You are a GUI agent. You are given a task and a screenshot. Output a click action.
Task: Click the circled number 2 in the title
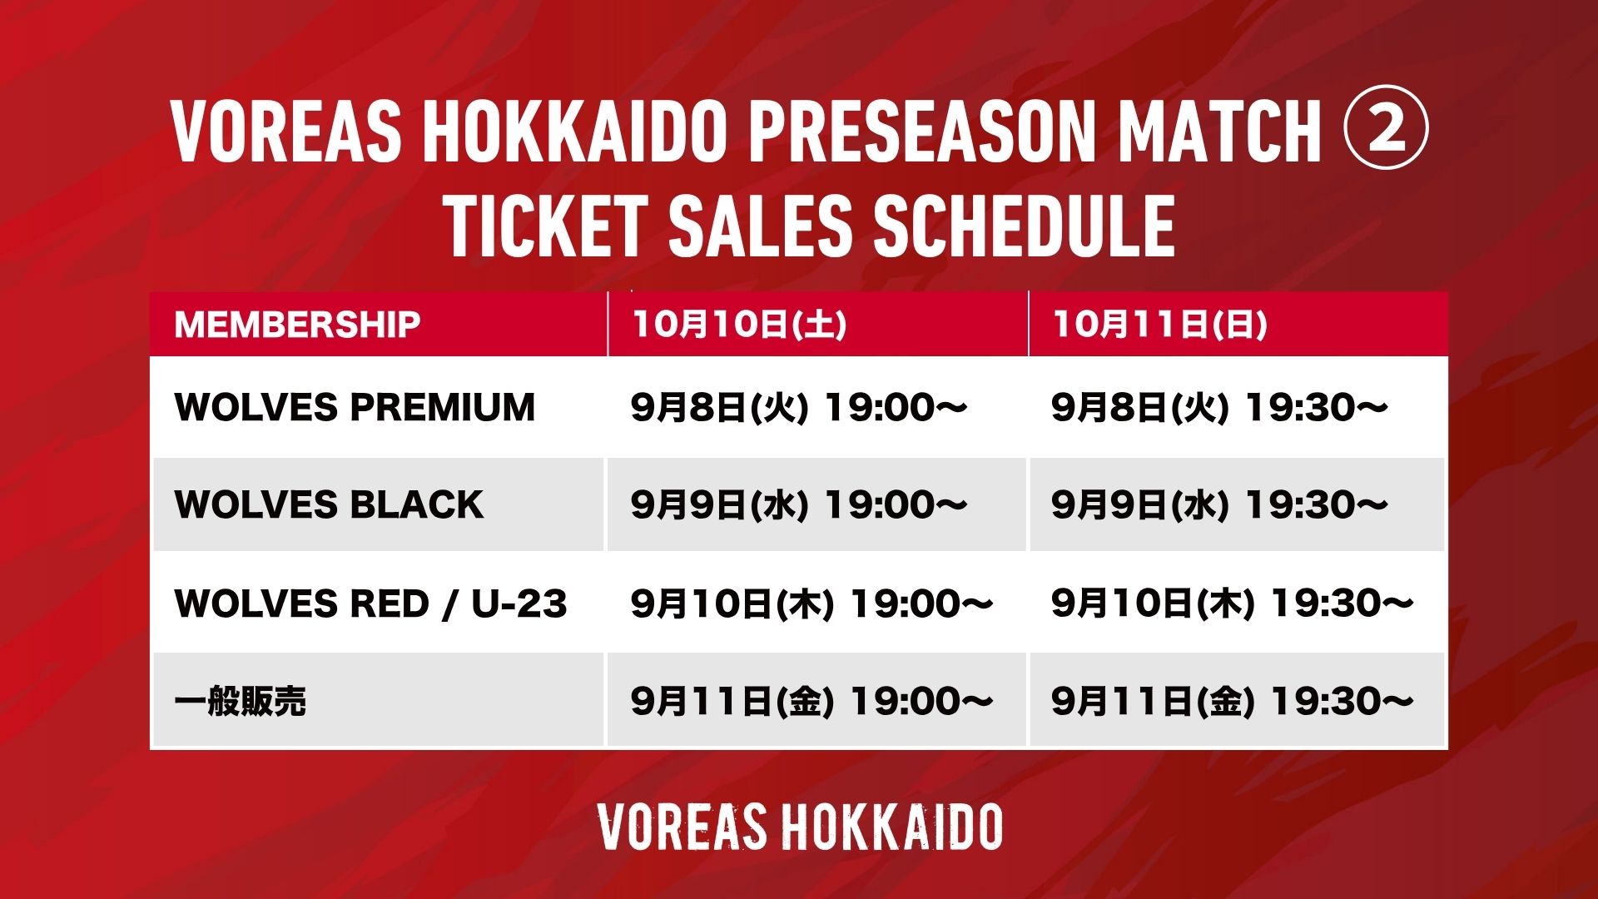(1386, 130)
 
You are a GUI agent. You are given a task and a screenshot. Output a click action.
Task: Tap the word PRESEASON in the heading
(921, 131)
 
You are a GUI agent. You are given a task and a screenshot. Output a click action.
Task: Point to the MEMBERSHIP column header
(297, 324)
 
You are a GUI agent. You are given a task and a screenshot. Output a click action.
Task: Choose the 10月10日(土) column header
(739, 324)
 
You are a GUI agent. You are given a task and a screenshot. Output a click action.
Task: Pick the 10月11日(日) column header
(1160, 324)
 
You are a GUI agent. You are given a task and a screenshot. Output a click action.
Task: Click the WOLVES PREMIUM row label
(355, 407)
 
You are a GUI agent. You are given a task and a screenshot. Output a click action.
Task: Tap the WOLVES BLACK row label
(329, 504)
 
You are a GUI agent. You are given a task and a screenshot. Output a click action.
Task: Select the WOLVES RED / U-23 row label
(370, 603)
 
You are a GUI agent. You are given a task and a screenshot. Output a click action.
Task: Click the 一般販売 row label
(241, 701)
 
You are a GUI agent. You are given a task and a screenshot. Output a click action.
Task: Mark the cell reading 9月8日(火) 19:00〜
(799, 407)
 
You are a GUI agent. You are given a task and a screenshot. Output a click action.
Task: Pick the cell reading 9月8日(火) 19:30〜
(1219, 407)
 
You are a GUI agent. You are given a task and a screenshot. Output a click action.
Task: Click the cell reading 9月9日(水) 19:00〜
(799, 504)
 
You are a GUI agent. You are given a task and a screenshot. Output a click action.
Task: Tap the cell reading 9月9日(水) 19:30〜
(1219, 504)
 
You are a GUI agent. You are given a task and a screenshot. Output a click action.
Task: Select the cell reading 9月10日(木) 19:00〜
(812, 603)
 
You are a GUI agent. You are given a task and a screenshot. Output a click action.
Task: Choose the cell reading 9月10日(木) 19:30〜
(1233, 603)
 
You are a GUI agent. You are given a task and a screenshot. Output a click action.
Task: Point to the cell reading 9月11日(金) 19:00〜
(812, 701)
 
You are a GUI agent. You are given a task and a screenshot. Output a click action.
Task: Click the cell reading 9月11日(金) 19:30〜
(1233, 701)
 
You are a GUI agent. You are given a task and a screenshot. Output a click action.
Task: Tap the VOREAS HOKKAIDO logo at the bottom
(800, 827)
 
